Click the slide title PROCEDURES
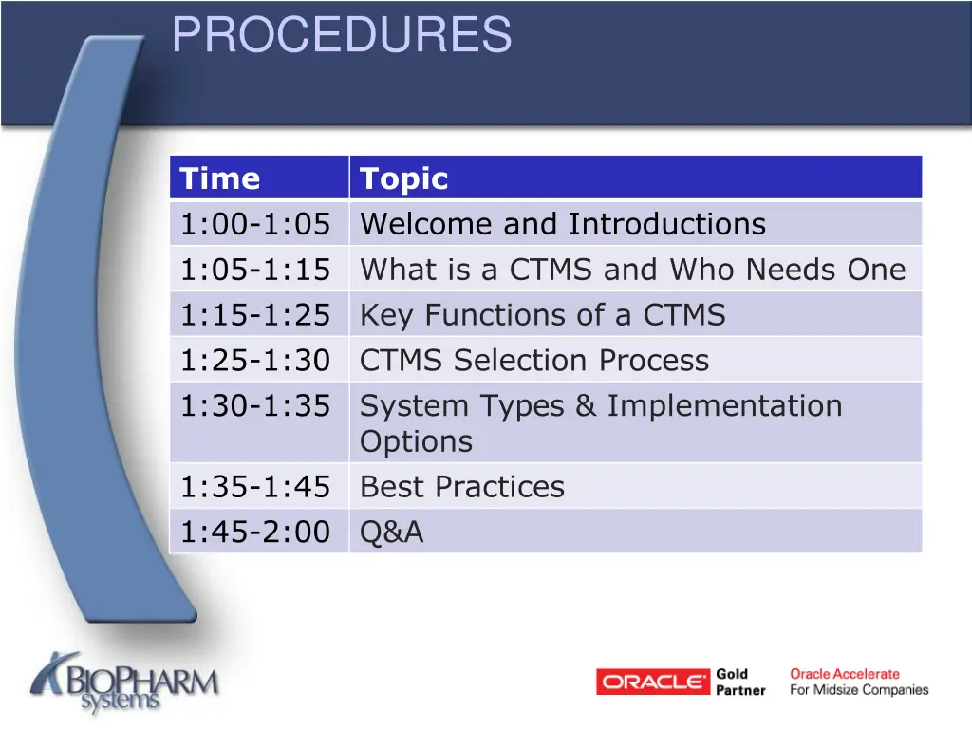pos(342,36)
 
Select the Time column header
pos(220,178)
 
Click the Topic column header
pos(404,178)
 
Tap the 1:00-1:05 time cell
pos(255,224)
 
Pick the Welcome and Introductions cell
pos(563,224)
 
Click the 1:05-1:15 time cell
pos(255,270)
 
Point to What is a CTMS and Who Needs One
pos(633,270)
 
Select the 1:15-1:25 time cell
pos(255,314)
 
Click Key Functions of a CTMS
pos(543,314)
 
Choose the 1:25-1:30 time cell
pos(255,361)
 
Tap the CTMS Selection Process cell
pos(534,361)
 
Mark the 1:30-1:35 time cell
pos(255,406)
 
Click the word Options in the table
pos(416,441)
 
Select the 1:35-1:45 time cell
pos(255,487)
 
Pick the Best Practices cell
pos(462,487)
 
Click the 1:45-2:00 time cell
pos(255,533)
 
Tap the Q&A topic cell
pos(392,533)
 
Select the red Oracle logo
pos(653,682)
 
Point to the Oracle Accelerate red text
pos(845,674)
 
